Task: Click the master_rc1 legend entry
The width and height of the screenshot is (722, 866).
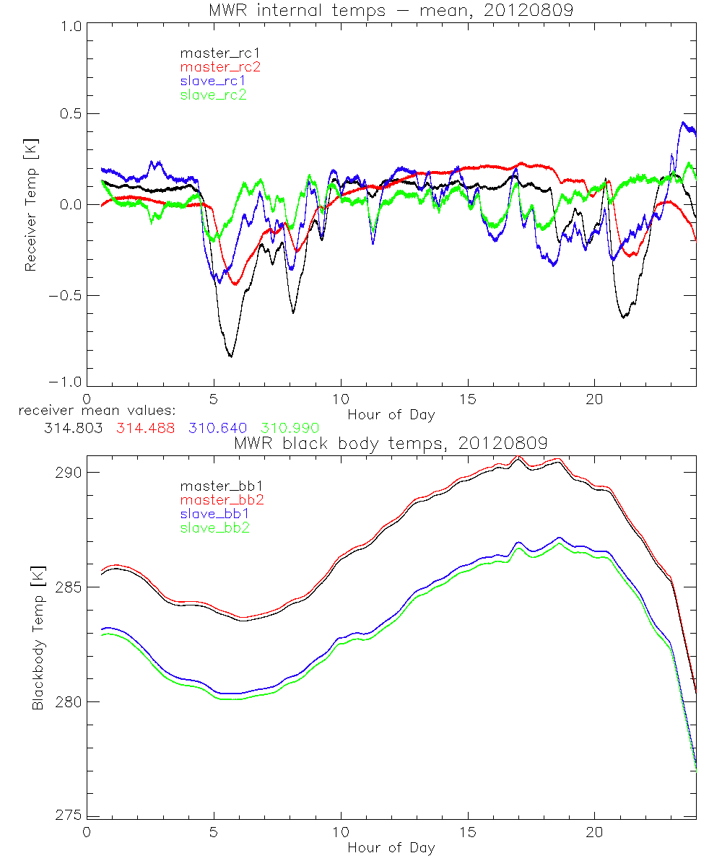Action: pos(213,53)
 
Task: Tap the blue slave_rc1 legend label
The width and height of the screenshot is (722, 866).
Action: pos(213,81)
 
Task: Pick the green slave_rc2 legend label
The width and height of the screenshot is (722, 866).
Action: pos(213,95)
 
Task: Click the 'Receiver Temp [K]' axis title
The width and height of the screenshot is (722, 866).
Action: pos(30,204)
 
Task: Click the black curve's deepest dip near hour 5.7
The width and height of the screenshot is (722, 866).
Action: pos(231,357)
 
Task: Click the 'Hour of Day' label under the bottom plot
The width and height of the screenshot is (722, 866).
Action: pos(391,847)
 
